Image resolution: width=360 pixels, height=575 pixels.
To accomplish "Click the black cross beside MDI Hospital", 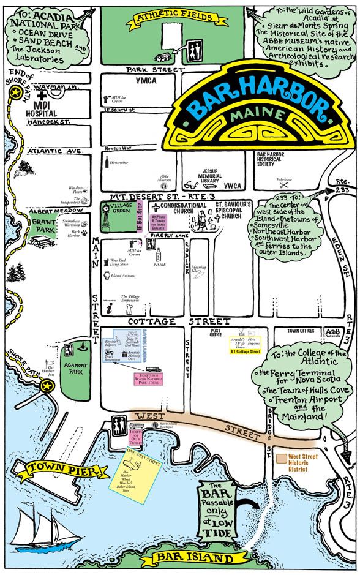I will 42,97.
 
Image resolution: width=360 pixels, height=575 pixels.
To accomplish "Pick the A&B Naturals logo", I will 334,332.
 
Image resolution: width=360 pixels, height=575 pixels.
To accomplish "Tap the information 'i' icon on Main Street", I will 109,309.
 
